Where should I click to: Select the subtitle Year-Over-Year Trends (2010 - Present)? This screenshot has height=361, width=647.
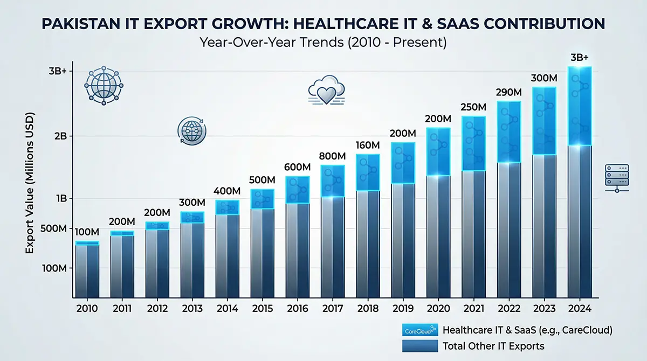[x=323, y=43]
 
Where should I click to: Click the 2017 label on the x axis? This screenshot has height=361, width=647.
[x=333, y=308]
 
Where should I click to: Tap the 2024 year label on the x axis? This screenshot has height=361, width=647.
[x=580, y=308]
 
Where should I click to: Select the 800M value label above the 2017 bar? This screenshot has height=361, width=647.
[x=333, y=156]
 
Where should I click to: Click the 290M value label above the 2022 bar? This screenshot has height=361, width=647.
[x=509, y=92]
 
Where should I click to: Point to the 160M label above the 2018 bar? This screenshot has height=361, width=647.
[x=368, y=145]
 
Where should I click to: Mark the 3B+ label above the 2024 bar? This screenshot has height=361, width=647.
[x=580, y=58]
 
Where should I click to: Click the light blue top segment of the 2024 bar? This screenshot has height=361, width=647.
[x=580, y=106]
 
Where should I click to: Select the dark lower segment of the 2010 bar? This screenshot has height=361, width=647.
[x=87, y=270]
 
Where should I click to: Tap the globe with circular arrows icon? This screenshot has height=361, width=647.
[x=192, y=131]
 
